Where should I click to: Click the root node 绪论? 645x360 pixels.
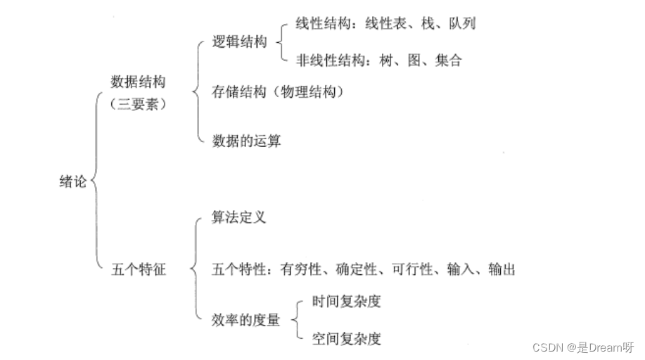(x=72, y=181)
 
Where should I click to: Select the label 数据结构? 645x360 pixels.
(x=138, y=82)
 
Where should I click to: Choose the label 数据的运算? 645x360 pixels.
(x=246, y=141)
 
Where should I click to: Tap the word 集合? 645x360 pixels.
(x=448, y=60)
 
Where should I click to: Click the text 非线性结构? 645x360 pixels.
(x=322, y=60)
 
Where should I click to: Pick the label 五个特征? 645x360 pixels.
(x=139, y=269)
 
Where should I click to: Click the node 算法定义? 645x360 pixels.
(x=238, y=217)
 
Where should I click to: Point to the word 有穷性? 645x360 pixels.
(x=300, y=269)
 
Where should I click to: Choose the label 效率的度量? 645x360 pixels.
(x=245, y=321)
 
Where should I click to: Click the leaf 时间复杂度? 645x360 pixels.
(x=346, y=302)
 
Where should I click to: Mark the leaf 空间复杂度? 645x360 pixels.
(x=346, y=339)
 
